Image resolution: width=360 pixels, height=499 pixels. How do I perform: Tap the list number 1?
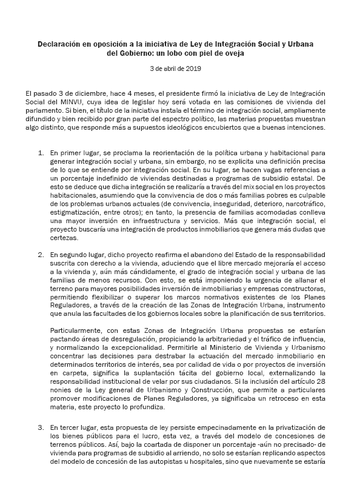(x=40, y=154)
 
